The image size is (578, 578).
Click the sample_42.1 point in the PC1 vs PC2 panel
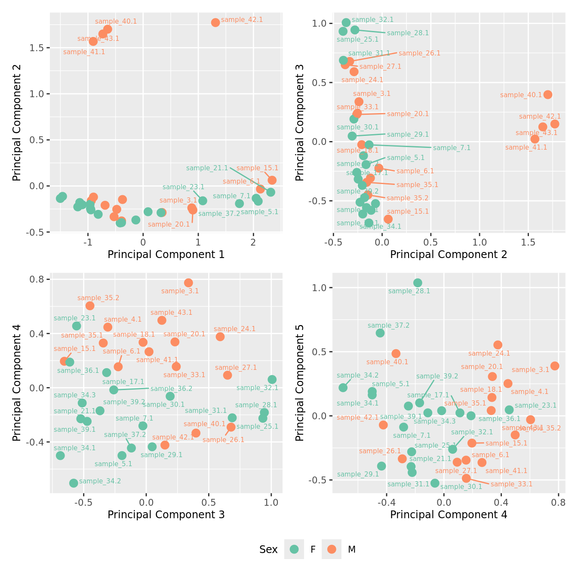pyautogui.click(x=215, y=22)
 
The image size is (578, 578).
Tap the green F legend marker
pyautogui.click(x=294, y=549)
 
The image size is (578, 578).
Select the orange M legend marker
pyautogui.click(x=332, y=549)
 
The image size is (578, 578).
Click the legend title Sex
pyautogui.click(x=268, y=550)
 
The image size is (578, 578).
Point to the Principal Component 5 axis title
pyautogui.click(x=300, y=382)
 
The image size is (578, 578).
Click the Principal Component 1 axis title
pyautogui.click(x=166, y=255)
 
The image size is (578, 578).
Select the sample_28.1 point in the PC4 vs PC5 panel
pyautogui.click(x=418, y=283)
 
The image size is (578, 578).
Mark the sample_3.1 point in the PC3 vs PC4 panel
pyautogui.click(x=188, y=283)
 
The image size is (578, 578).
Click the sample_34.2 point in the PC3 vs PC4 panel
pyautogui.click(x=74, y=483)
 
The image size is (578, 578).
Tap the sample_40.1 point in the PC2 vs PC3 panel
pyautogui.click(x=547, y=95)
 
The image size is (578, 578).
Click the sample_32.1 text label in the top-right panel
pyautogui.click(x=372, y=20)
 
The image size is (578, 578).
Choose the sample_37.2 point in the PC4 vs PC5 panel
pyautogui.click(x=380, y=333)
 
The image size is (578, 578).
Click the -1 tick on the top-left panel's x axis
pyautogui.click(x=88, y=242)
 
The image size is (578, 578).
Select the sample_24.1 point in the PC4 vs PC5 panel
pyautogui.click(x=498, y=344)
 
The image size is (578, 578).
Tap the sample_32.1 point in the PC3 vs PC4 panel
pyautogui.click(x=272, y=379)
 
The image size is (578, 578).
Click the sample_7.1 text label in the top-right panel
pyautogui.click(x=452, y=148)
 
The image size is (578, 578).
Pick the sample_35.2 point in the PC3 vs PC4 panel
pyautogui.click(x=90, y=306)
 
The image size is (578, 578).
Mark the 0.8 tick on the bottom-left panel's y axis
pyautogui.click(x=39, y=280)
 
